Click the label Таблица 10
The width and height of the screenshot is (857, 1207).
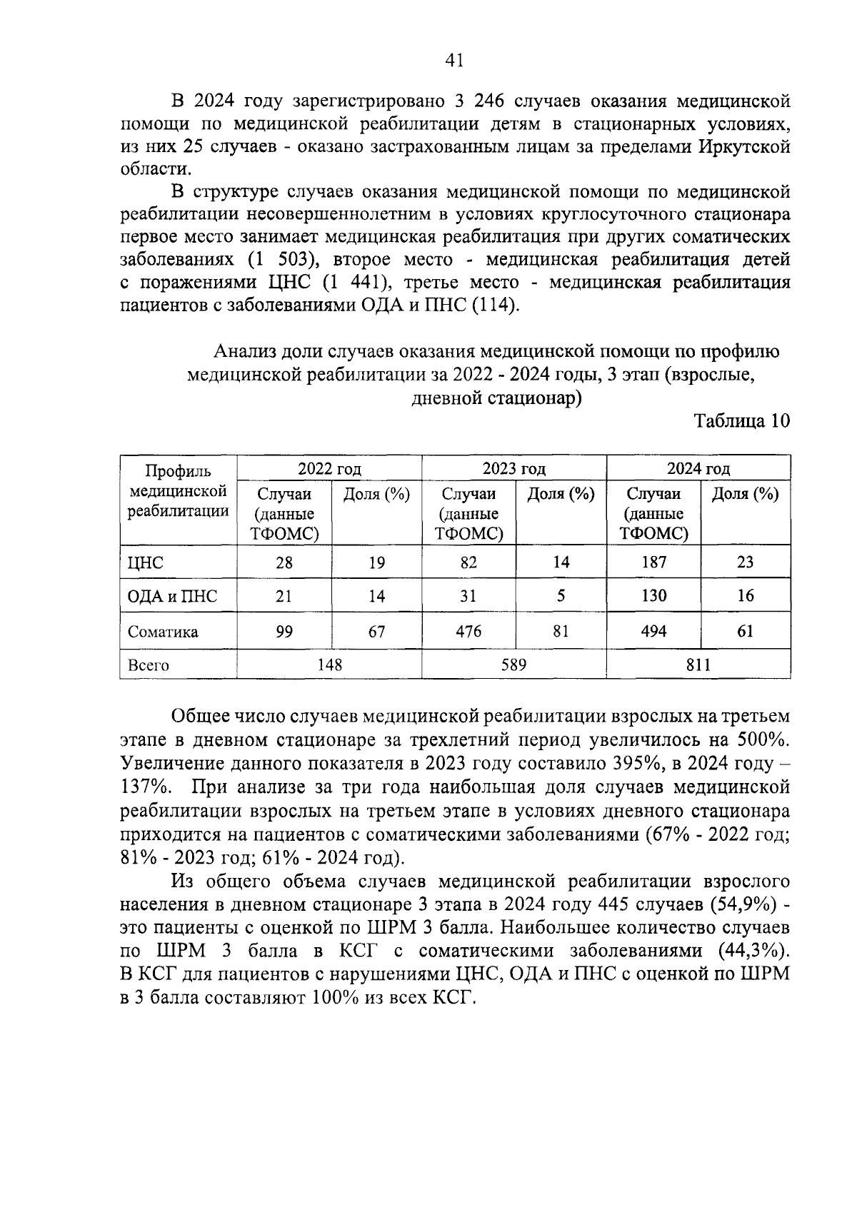tap(742, 421)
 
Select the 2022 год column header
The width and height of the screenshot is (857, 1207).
tap(329, 469)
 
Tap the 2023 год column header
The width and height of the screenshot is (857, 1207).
tap(513, 469)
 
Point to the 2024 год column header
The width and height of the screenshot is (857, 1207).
tap(698, 469)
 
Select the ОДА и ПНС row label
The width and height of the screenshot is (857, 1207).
tap(172, 596)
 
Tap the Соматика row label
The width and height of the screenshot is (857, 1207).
tap(163, 632)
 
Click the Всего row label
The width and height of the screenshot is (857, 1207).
tap(148, 665)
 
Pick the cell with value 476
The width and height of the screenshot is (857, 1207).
tap(468, 631)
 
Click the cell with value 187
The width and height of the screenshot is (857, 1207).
tap(653, 562)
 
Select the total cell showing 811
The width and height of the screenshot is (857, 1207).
tap(698, 665)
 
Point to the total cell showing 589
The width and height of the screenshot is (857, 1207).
tap(513, 665)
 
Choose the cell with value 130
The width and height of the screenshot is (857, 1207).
tap(653, 595)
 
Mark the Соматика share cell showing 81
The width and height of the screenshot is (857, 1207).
tap(561, 631)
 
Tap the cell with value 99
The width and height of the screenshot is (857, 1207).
tap(284, 631)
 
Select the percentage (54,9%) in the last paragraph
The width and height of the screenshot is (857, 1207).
tap(743, 904)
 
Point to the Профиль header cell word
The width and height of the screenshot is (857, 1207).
tap(178, 471)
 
